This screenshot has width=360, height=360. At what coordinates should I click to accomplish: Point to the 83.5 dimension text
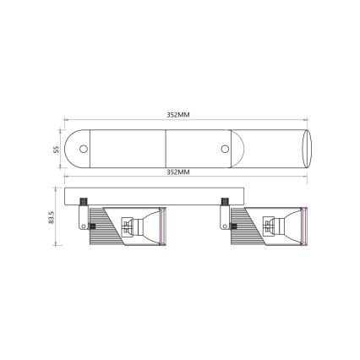click(52, 218)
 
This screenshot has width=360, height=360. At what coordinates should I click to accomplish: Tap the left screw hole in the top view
click(84, 149)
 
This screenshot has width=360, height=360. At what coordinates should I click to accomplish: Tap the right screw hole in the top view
click(224, 149)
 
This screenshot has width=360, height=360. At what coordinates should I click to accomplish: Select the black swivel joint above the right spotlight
click(224, 201)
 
